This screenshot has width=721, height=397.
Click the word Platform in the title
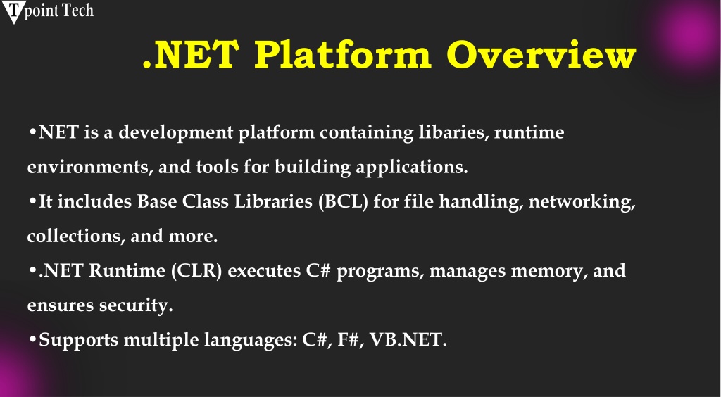[x=343, y=55]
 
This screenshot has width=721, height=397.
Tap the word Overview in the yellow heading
[x=541, y=55]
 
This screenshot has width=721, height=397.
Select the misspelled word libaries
[x=453, y=132]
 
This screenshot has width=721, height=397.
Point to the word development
[x=176, y=133]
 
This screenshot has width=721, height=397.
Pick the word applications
[x=412, y=168]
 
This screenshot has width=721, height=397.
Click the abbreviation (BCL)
[x=344, y=202]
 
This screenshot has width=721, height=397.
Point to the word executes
[x=265, y=271]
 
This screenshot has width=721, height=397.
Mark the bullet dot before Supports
[x=32, y=339]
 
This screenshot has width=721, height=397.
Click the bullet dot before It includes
[x=32, y=201]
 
